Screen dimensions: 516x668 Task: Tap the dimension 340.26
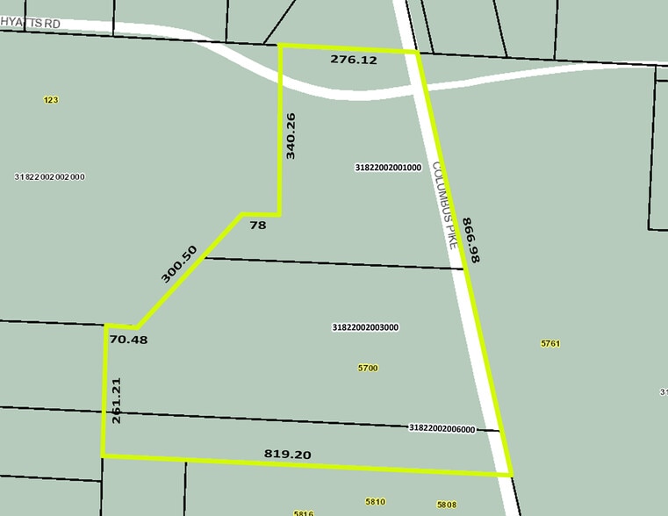click(x=291, y=135)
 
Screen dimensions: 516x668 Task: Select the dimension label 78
click(x=257, y=226)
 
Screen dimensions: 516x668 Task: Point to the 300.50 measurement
click(x=179, y=263)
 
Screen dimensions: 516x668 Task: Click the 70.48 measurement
click(x=128, y=339)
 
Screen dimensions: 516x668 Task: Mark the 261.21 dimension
click(x=117, y=401)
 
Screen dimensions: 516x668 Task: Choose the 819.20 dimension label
click(x=288, y=454)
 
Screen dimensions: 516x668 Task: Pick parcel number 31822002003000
click(x=365, y=327)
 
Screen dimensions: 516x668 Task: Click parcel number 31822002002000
click(x=49, y=176)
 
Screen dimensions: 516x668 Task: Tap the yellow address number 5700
click(x=368, y=368)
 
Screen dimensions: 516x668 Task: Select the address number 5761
click(x=550, y=344)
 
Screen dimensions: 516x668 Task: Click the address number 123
click(x=51, y=100)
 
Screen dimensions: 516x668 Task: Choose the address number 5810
click(x=375, y=501)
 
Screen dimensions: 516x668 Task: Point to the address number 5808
click(x=446, y=505)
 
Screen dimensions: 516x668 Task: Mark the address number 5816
click(x=304, y=512)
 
